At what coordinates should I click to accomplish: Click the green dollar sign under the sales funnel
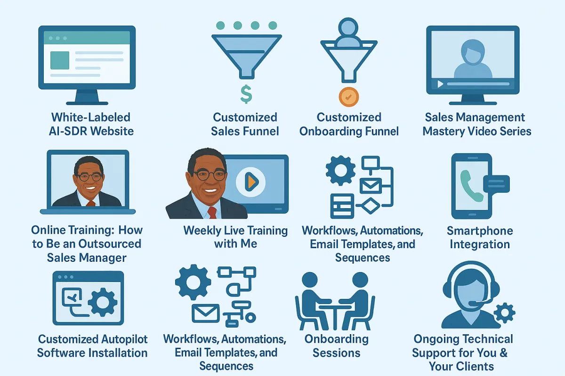coord(246,94)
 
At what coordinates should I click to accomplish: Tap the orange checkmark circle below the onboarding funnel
coord(348,97)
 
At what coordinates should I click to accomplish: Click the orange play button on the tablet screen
coord(251,181)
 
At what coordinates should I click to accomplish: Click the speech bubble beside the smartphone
coord(496,184)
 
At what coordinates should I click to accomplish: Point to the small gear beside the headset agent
coord(504,313)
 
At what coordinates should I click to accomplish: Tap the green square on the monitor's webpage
coord(60,60)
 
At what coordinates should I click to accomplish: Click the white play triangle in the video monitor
coord(440,84)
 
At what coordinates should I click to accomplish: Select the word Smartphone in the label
coord(480,231)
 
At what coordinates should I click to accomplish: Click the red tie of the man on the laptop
coord(90,203)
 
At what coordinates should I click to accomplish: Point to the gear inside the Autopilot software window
coord(103,302)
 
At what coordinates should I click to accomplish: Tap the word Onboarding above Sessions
coord(337,339)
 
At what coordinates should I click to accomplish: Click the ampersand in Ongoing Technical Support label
coord(503,353)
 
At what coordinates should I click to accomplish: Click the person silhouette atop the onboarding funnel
coord(348,33)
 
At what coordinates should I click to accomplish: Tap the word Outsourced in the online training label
coord(110,244)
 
